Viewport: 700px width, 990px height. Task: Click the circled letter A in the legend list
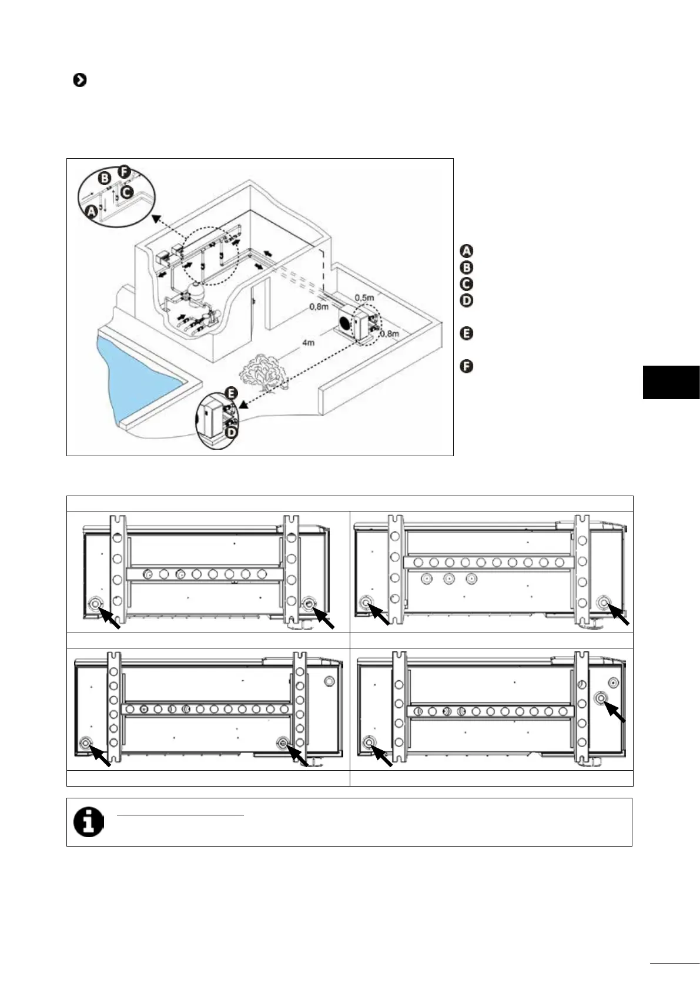click(465, 251)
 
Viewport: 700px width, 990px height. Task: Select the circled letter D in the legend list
click(465, 300)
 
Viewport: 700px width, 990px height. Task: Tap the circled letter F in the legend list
click(465, 367)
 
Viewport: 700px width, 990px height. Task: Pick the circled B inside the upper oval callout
click(105, 178)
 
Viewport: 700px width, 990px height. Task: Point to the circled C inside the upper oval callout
click(127, 192)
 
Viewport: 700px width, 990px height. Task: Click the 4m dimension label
click(308, 342)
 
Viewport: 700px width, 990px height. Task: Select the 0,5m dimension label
click(364, 297)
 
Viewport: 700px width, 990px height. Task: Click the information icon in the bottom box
click(88, 821)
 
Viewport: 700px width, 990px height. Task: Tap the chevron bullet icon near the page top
click(79, 80)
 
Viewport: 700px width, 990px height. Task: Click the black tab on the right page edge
click(671, 382)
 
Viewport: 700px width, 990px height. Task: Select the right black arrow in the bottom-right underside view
click(615, 711)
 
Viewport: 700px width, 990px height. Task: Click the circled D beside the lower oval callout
click(232, 433)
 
